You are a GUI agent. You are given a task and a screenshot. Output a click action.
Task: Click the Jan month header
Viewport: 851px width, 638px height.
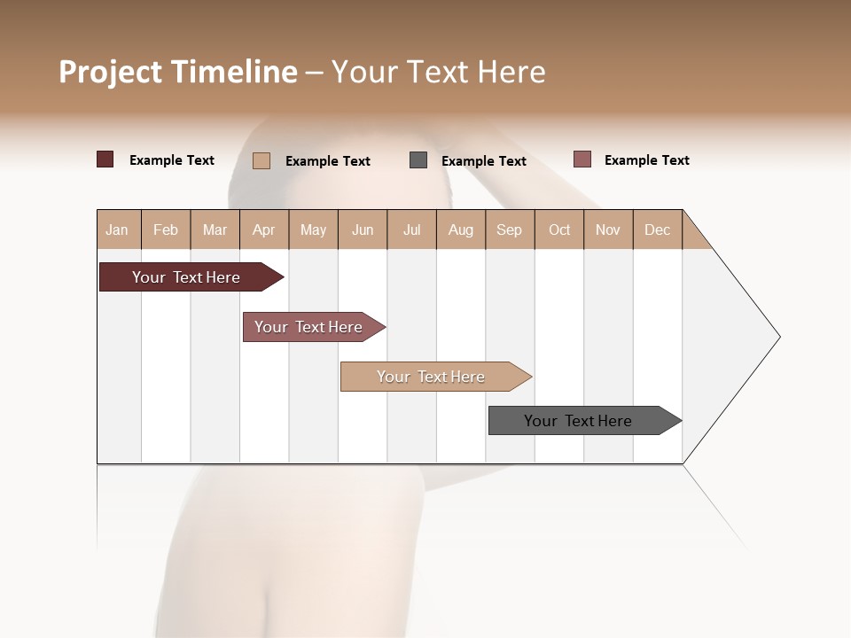click(117, 230)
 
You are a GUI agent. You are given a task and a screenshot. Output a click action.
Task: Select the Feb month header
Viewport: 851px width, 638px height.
click(166, 230)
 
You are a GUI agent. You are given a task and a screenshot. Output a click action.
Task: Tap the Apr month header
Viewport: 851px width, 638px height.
click(263, 230)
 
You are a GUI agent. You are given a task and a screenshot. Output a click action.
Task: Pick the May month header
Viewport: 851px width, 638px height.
click(313, 230)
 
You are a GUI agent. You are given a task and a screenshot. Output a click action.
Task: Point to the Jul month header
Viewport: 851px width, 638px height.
click(411, 230)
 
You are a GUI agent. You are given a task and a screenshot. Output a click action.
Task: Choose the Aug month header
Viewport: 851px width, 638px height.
click(460, 230)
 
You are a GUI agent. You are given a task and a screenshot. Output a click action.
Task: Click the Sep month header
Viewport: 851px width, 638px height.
click(509, 230)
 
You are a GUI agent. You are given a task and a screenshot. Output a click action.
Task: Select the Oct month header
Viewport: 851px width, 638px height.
click(559, 230)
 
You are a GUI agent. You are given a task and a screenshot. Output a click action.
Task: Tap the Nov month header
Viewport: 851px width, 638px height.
click(607, 230)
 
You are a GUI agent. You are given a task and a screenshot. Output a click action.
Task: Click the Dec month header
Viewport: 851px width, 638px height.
click(657, 230)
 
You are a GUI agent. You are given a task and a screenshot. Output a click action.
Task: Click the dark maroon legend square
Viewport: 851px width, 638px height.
click(105, 159)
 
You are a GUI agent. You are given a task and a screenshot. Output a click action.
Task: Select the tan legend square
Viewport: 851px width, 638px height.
click(261, 160)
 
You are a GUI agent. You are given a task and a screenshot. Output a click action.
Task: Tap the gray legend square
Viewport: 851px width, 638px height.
click(418, 159)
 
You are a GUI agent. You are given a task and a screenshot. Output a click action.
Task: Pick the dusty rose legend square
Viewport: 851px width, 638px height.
click(582, 159)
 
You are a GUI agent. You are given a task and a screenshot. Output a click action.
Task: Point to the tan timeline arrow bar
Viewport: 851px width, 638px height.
click(432, 377)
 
